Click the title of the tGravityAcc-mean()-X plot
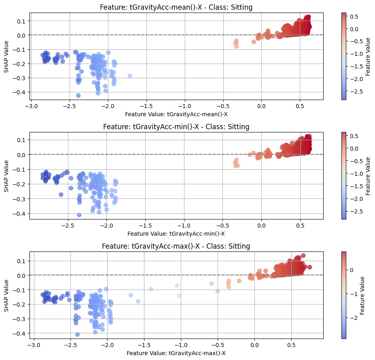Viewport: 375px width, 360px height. coord(176,7)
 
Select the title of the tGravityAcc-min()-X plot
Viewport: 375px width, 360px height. coord(176,127)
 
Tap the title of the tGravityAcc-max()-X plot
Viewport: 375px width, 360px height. coord(176,246)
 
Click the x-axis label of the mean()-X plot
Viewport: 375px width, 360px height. coord(176,114)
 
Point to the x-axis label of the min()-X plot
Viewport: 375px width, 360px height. coord(176,234)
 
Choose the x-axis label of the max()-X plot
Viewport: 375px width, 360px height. coord(176,353)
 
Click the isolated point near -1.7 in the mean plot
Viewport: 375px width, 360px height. coord(130,76)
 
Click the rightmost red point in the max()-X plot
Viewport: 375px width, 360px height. coord(309,267)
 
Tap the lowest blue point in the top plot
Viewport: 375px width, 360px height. coord(78,96)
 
